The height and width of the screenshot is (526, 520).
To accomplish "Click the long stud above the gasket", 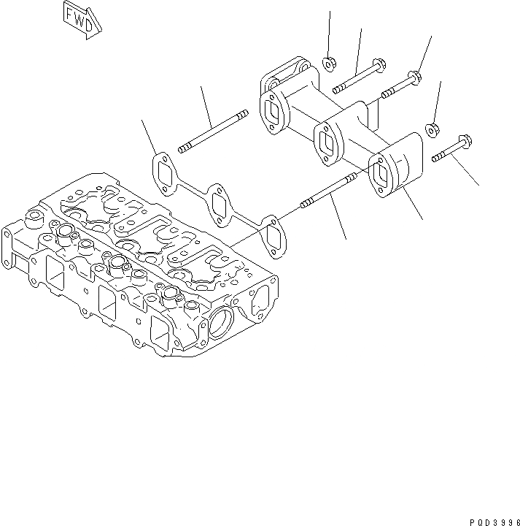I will coord(214,132).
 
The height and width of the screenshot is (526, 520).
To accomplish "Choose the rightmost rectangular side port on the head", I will coord(160,338).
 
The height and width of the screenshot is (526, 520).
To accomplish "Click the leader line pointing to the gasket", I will coord(151,136).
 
